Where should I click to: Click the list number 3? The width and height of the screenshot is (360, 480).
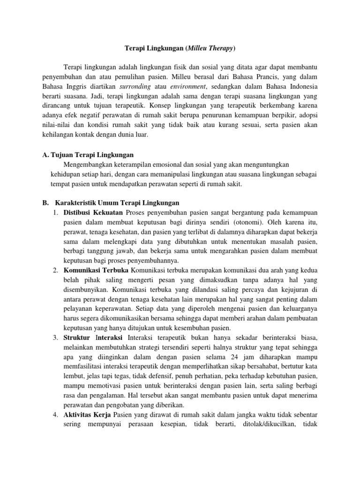pyautogui.click(x=55, y=338)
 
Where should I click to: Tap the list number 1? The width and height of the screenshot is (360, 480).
pyautogui.click(x=55, y=213)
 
